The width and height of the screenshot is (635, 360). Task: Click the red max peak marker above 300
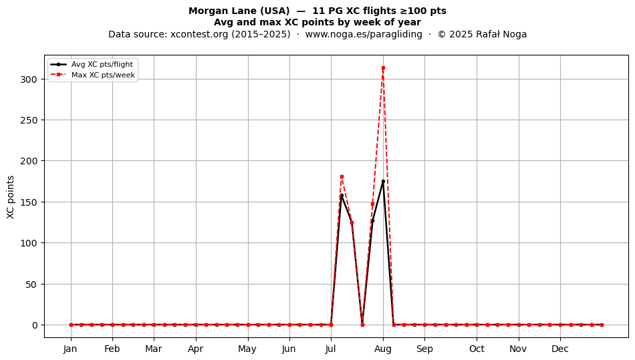(x=383, y=68)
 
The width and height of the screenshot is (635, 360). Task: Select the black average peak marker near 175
(x=383, y=181)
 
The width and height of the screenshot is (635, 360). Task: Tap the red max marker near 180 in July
(x=342, y=177)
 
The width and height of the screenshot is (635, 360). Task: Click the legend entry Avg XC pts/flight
(x=102, y=64)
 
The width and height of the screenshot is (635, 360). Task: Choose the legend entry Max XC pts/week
(x=103, y=75)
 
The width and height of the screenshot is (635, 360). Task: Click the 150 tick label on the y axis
(x=28, y=202)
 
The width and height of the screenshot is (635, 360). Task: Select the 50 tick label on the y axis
(x=31, y=285)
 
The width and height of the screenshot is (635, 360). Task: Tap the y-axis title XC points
(x=11, y=197)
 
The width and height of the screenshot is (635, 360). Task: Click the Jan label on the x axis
(x=70, y=349)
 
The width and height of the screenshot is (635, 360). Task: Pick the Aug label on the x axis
(x=383, y=349)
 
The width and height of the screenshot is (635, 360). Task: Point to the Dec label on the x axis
(x=560, y=349)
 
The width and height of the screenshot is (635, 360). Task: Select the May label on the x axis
(x=247, y=349)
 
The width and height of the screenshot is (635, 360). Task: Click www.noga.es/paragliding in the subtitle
(x=364, y=34)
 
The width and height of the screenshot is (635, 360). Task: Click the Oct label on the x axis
(x=477, y=349)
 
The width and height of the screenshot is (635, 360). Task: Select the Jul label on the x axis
(x=331, y=349)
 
